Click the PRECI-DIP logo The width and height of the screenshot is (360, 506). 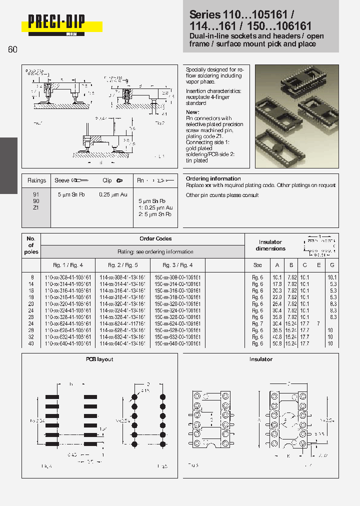coord(56,23)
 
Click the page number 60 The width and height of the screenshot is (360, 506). coord(12,49)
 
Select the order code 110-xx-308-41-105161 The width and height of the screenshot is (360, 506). coord(68,277)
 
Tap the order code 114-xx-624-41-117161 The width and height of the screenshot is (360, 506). coord(123,324)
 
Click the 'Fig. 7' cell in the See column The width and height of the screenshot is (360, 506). coord(257,324)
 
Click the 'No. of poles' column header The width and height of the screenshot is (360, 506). coord(31,245)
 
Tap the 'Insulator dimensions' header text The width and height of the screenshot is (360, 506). coord(270,245)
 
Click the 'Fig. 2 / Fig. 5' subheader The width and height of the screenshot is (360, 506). coord(123,265)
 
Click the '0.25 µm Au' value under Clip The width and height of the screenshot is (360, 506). coord(113,194)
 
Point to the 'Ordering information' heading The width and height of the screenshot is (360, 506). coord(213,178)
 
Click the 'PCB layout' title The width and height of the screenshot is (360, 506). coord(99,359)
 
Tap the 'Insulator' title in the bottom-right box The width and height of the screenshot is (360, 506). coord(261,359)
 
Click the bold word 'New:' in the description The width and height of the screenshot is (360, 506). coord(192,112)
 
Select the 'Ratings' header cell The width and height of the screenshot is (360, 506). coord(36,180)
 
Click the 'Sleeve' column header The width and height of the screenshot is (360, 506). coord(62,180)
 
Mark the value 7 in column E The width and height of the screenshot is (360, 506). coord(318,324)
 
